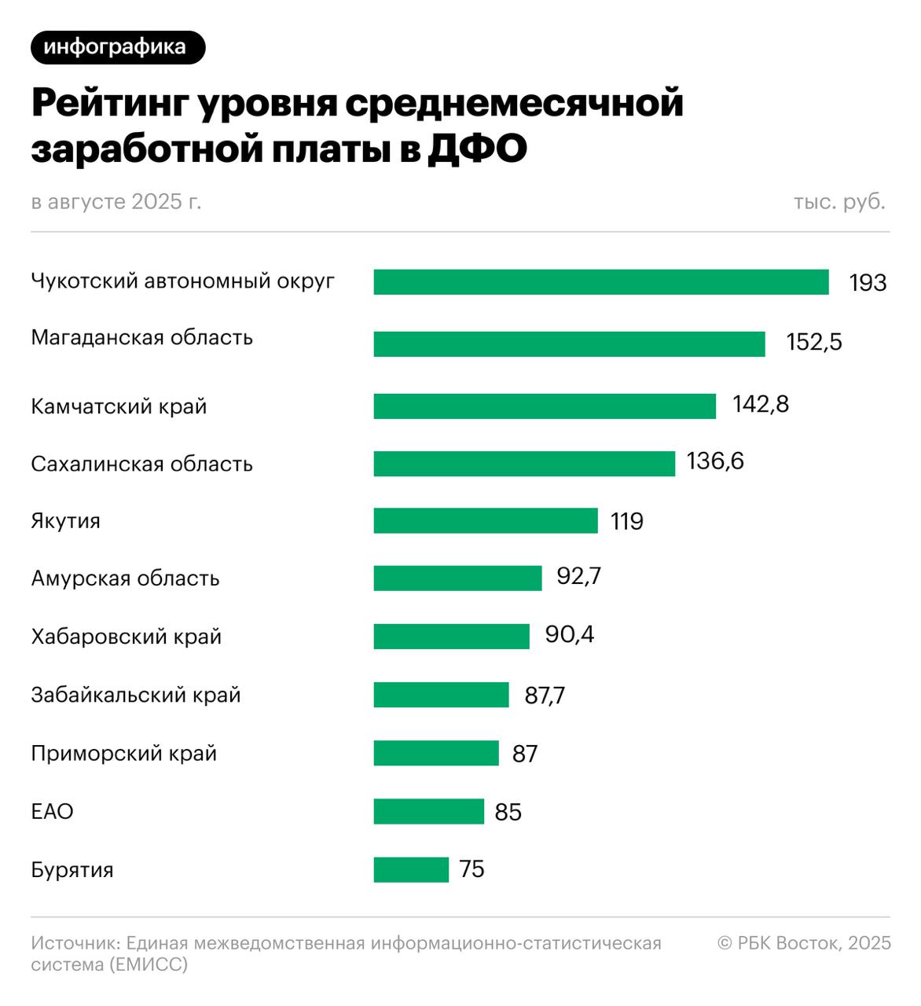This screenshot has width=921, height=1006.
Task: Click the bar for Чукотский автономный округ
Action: pyautogui.click(x=600, y=282)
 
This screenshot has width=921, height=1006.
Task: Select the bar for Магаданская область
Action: pyautogui.click(x=569, y=344)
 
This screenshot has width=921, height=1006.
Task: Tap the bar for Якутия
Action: pyautogui.click(x=485, y=521)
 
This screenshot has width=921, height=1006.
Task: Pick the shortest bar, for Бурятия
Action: pyautogui.click(x=410, y=869)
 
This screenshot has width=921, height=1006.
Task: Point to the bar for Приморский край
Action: pyautogui.click(x=435, y=753)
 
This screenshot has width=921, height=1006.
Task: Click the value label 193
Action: pyautogui.click(x=868, y=283)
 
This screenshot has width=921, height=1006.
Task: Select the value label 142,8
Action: pyautogui.click(x=760, y=404)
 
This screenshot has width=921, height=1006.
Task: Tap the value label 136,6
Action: pyautogui.click(x=714, y=461)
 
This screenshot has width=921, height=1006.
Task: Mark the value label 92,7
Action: pyautogui.click(x=578, y=576)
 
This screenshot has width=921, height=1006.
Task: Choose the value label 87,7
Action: pyautogui.click(x=544, y=696)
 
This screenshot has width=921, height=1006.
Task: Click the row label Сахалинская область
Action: pyautogui.click(x=141, y=464)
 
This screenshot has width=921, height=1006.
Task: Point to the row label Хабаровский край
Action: pyautogui.click(x=126, y=637)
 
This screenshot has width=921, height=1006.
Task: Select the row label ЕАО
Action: pyautogui.click(x=52, y=811)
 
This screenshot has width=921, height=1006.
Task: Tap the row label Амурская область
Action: pyautogui.click(x=125, y=579)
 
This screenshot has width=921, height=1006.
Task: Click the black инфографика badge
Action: pyautogui.click(x=117, y=47)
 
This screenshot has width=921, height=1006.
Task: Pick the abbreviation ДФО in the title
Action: pyautogui.click(x=476, y=149)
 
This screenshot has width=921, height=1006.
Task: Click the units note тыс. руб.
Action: pyautogui.click(x=838, y=202)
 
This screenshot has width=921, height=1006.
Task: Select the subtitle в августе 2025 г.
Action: pyautogui.click(x=116, y=202)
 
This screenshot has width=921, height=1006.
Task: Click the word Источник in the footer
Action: pyautogui.click(x=75, y=942)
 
